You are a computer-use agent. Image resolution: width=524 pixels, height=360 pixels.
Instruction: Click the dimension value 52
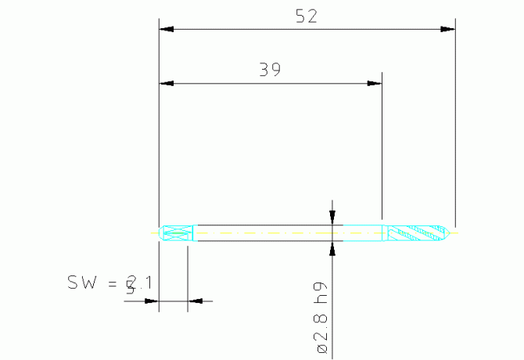click(307, 16)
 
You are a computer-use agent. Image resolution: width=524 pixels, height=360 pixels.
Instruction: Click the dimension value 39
click(270, 70)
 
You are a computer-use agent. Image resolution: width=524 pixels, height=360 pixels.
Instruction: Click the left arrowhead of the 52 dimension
click(166, 30)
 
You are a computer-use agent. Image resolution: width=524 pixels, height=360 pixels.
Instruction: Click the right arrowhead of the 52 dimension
click(447, 30)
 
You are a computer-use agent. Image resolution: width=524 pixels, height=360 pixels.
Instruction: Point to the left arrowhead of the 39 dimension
click(166, 83)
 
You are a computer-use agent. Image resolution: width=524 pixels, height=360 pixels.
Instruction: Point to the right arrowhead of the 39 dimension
click(375, 83)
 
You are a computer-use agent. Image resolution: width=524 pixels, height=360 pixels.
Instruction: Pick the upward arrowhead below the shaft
click(332, 249)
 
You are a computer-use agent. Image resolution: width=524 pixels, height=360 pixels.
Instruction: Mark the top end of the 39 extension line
click(382, 74)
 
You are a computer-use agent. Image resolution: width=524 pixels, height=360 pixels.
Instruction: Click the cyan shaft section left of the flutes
click(364, 233)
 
